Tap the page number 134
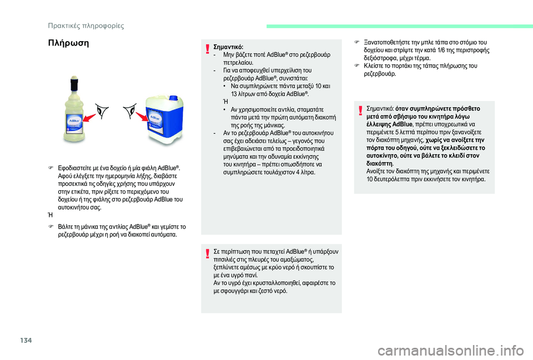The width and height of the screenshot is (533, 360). click(x=12, y=339)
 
